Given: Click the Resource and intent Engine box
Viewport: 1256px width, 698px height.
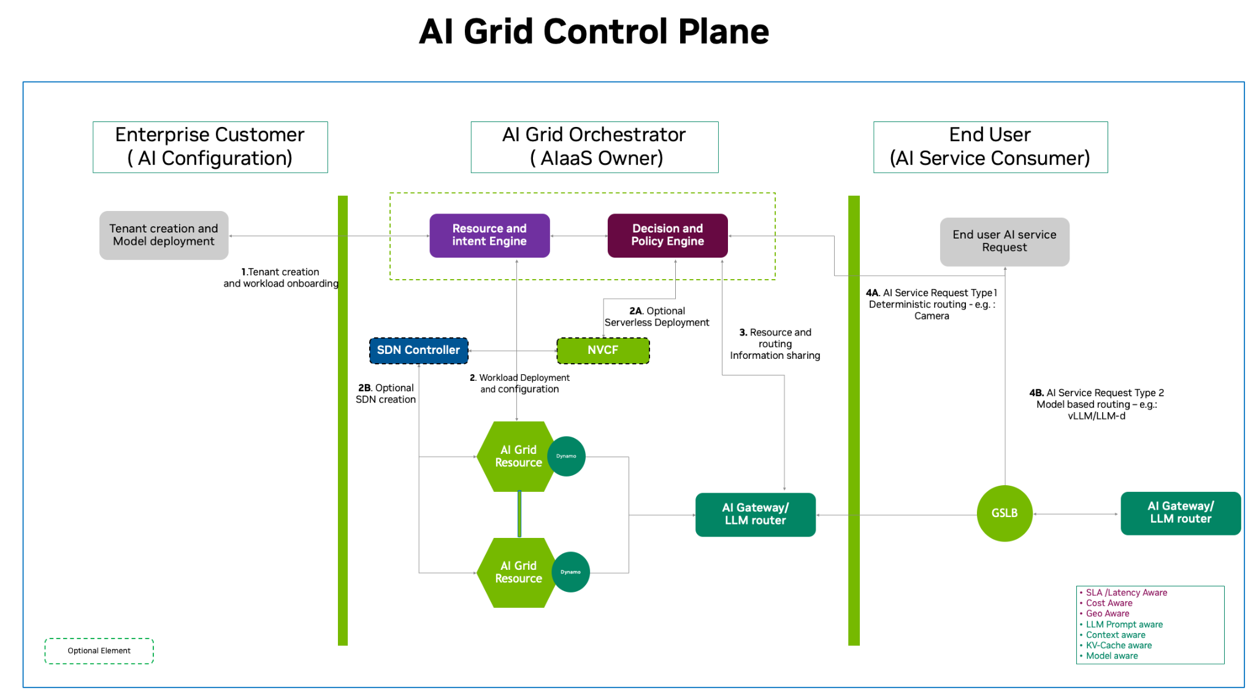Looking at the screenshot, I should pyautogui.click(x=489, y=236).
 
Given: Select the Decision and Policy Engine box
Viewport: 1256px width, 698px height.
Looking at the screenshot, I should pyautogui.click(x=667, y=236).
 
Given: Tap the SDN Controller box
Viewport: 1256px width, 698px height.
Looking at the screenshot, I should pyautogui.click(x=418, y=350).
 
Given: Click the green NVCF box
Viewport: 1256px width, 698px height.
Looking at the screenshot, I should pyautogui.click(x=603, y=350).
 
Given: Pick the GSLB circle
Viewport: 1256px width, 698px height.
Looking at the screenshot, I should pyautogui.click(x=1005, y=513).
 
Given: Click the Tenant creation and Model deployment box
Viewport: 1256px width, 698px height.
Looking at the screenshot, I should pyautogui.click(x=164, y=236).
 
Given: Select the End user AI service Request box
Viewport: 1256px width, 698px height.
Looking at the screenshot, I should pyautogui.click(x=1004, y=242).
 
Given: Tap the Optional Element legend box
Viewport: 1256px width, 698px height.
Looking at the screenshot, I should pyautogui.click(x=99, y=651).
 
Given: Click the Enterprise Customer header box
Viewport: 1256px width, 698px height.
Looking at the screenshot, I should pyautogui.click(x=210, y=147).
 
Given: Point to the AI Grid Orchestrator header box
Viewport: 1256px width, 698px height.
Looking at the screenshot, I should pyautogui.click(x=594, y=147).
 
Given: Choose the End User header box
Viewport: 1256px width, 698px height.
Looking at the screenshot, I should pyautogui.click(x=990, y=147).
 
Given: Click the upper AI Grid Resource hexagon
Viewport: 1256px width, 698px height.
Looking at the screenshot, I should pyautogui.click(x=515, y=456).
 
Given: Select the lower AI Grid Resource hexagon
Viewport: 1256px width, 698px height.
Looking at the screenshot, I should pyautogui.click(x=515, y=572).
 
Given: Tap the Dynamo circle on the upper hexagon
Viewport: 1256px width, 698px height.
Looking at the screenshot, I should pyautogui.click(x=566, y=456).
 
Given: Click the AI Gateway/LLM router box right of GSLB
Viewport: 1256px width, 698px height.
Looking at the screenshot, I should pyautogui.click(x=1181, y=513).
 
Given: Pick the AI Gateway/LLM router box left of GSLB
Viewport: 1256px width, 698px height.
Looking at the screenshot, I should pyautogui.click(x=755, y=515).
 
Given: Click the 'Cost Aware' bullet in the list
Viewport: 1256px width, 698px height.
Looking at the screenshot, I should pyautogui.click(x=1109, y=603).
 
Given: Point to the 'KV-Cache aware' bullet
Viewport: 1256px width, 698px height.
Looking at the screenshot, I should pyautogui.click(x=1119, y=645).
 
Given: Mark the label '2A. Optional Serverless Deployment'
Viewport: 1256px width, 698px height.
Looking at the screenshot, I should pyautogui.click(x=656, y=316).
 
